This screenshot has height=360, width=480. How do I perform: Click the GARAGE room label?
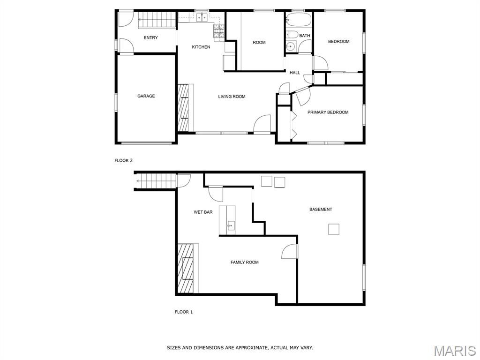146,96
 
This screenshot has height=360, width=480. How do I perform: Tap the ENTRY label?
150,37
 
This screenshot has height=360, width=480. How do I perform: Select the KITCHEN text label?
201,47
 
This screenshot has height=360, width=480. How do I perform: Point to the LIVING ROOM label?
232,97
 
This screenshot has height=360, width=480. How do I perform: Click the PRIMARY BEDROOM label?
328,112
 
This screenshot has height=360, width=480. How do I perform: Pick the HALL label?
295,73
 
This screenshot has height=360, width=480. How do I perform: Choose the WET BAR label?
203,212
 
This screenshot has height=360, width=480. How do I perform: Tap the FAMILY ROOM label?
245,262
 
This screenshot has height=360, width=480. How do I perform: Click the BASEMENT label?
321,210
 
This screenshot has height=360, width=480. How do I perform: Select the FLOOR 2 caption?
123,160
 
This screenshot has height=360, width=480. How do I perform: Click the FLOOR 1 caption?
184,312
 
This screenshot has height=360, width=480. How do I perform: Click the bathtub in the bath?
298,20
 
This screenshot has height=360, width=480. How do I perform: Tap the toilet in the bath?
292,35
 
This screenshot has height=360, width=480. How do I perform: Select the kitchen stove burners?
219,31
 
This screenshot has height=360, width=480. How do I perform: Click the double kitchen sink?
202,18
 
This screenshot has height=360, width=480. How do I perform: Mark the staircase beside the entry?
157,20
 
